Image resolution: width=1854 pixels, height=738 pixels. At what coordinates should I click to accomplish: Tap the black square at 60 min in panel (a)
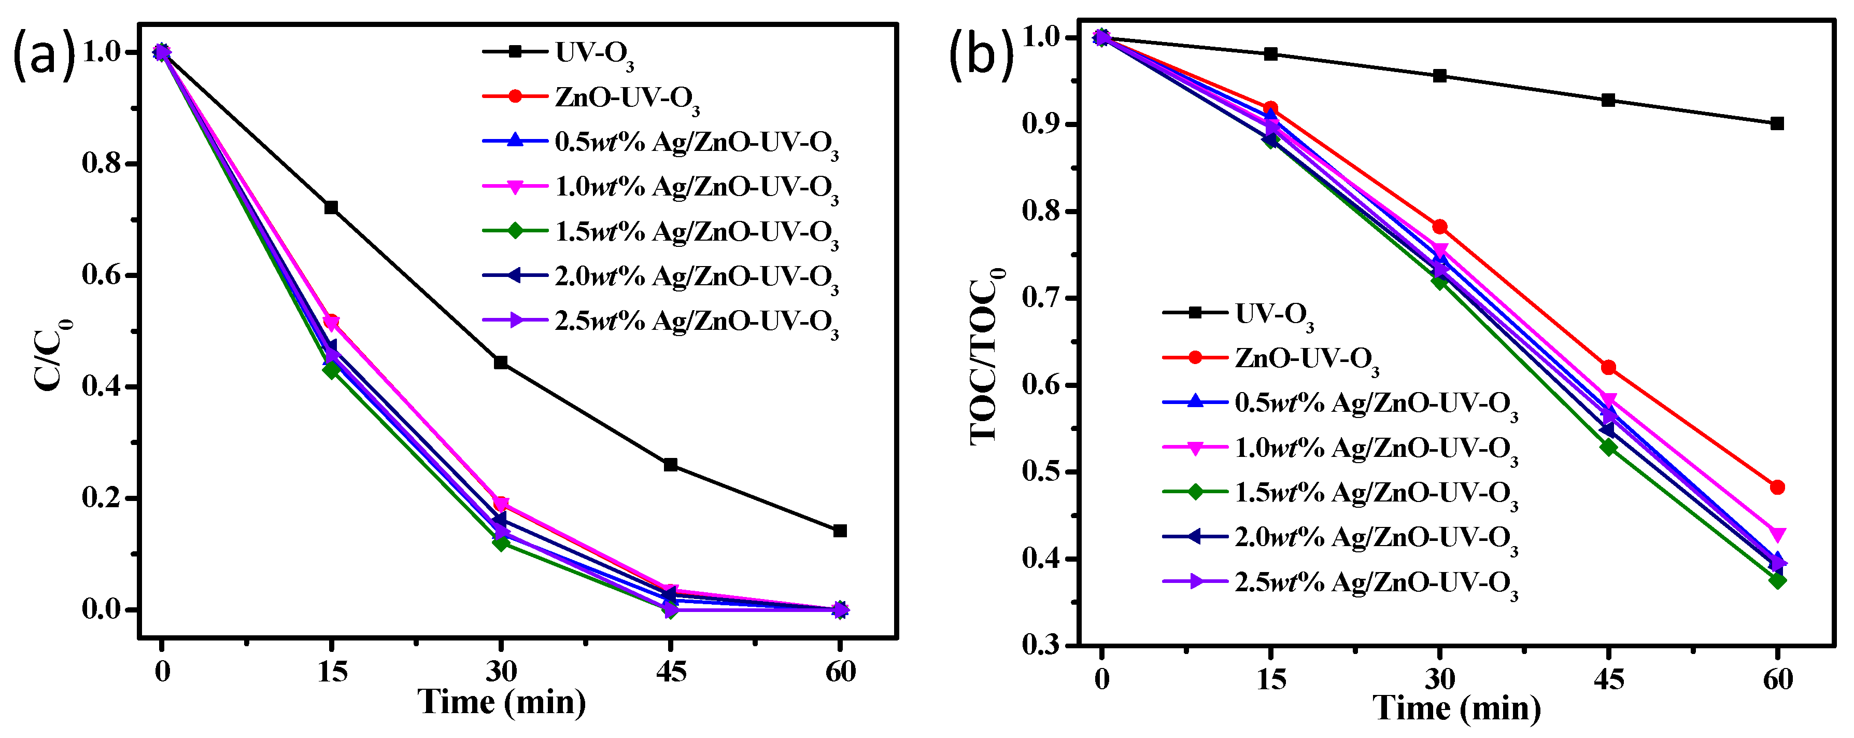tap(839, 531)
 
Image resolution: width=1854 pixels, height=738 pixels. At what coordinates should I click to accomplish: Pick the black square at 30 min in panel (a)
tap(501, 362)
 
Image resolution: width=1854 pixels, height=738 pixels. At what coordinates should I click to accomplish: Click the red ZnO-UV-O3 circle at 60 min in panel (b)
tap(1777, 488)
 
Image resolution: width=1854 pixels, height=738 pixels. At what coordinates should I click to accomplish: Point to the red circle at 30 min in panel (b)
tap(1439, 227)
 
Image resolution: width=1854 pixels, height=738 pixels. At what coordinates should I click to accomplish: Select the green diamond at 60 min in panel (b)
tap(1777, 580)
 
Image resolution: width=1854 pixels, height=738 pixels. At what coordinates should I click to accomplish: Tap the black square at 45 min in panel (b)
tap(1608, 100)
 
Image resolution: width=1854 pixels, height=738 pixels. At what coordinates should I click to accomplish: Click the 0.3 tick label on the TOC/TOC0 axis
tap(1042, 645)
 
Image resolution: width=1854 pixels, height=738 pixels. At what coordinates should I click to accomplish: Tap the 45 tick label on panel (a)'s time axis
tap(670, 672)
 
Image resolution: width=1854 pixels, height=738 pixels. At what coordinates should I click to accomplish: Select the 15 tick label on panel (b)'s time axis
tap(1271, 679)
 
